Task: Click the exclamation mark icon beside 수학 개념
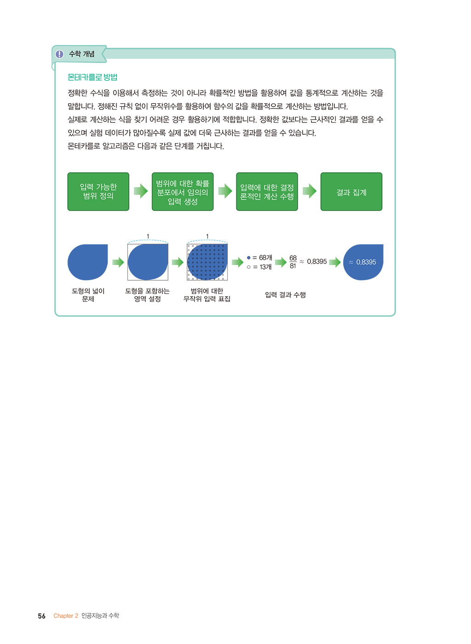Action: tap(59, 54)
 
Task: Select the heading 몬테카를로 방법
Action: tap(92, 77)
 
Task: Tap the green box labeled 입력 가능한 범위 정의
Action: tap(98, 191)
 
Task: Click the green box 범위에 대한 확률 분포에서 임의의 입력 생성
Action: tap(183, 191)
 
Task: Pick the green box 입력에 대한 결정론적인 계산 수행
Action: tap(267, 191)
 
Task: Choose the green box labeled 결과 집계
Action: tap(351, 191)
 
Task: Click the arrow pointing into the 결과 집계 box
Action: tap(310, 191)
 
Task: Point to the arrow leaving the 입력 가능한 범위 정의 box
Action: tap(141, 191)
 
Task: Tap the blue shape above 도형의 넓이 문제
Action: tap(88, 262)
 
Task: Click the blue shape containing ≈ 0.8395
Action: tap(363, 262)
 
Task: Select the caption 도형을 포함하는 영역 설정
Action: tap(147, 295)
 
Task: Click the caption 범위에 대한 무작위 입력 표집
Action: tap(207, 295)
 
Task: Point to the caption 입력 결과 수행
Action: tap(285, 295)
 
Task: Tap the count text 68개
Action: tap(265, 258)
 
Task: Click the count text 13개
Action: tap(265, 267)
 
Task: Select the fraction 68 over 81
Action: tap(293, 262)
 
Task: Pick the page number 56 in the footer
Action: tap(42, 616)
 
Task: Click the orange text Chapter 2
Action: tap(66, 616)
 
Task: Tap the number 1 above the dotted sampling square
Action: tap(207, 236)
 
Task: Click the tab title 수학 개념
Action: tap(82, 54)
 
